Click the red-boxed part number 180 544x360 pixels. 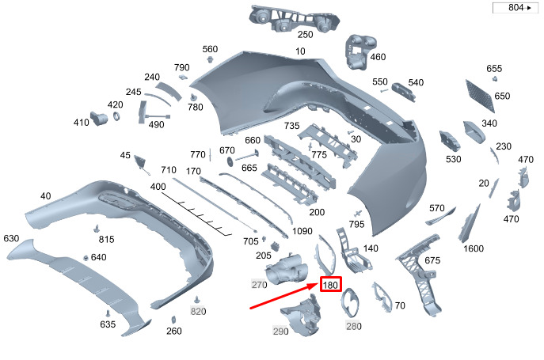pyautogui.click(x=331, y=284)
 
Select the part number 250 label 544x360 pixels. pyautogui.click(x=305, y=35)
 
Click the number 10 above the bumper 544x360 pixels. pyautogui.click(x=300, y=51)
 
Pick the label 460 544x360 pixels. pyautogui.click(x=378, y=57)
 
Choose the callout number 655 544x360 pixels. pyautogui.click(x=494, y=69)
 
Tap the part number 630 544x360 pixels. pyautogui.click(x=11, y=238)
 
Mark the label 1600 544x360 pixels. pyautogui.click(x=474, y=249)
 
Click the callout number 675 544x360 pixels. pyautogui.click(x=432, y=260)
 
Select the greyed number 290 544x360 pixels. pyautogui.click(x=281, y=331)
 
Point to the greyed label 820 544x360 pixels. pyautogui.click(x=198, y=311)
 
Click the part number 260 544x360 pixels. pyautogui.click(x=174, y=332)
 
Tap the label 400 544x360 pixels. pyautogui.click(x=158, y=187)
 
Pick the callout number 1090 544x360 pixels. pyautogui.click(x=302, y=232)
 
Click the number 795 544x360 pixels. pyautogui.click(x=356, y=225)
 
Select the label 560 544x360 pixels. pyautogui.click(x=210, y=49)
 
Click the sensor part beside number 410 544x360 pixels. pyautogui.click(x=101, y=118)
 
